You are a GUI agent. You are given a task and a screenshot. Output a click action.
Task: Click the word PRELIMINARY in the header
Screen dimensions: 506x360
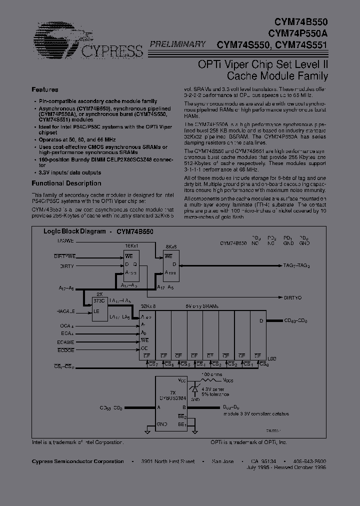pyautogui.click(x=175, y=44)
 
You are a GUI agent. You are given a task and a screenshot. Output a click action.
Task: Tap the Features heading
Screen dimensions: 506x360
pyautogui.click(x=45, y=89)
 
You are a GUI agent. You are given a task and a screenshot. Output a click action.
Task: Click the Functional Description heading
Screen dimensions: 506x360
pyautogui.click(x=66, y=183)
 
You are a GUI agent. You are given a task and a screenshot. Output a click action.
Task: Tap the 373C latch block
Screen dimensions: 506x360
pyautogui.click(x=100, y=309)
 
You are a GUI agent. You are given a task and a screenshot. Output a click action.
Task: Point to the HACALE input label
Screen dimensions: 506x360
pyautogui.click(x=63, y=311)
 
